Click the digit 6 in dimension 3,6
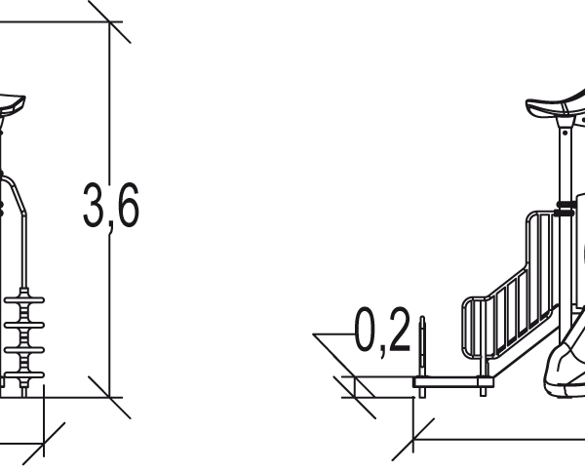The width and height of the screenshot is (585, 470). pos(127,205)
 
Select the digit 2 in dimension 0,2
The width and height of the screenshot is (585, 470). pos(399,329)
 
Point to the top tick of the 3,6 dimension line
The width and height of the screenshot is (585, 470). pos(109,22)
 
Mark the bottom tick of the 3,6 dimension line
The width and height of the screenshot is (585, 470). pos(109,397)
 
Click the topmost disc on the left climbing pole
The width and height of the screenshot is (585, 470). pos(24,300)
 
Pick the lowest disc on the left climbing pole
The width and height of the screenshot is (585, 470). pos(24,374)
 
